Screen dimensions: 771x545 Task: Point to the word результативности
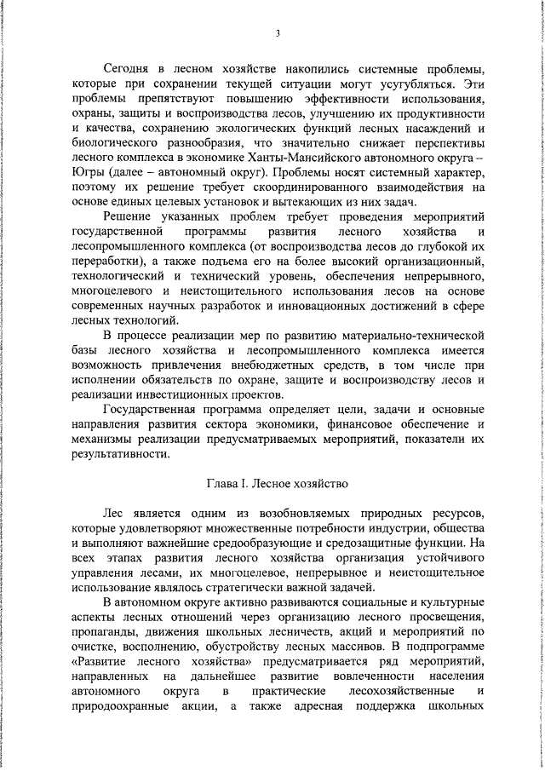pyautogui.click(x=121, y=454)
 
